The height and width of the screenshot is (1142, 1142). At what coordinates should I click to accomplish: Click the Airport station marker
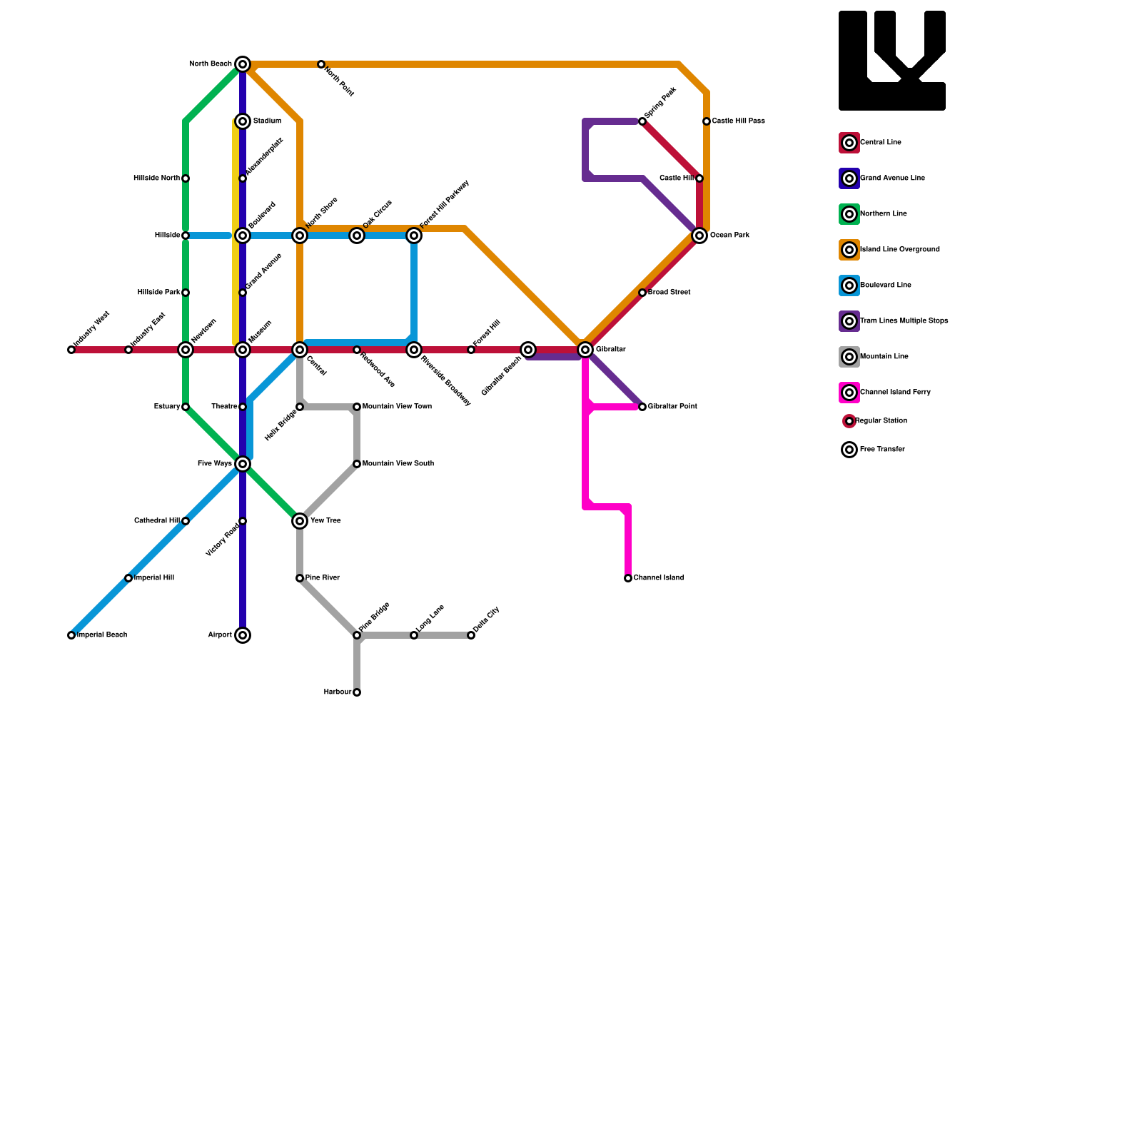pyautogui.click(x=243, y=635)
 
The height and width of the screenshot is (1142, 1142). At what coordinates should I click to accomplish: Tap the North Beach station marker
pyautogui.click(x=243, y=64)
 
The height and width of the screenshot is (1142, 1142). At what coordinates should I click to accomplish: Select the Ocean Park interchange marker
pyautogui.click(x=699, y=236)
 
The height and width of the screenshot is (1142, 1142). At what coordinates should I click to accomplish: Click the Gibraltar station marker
pyautogui.click(x=585, y=350)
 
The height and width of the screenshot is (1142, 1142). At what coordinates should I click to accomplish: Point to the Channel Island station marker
pyautogui.click(x=628, y=578)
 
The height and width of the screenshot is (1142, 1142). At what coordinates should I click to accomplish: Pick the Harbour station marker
pyautogui.click(x=357, y=692)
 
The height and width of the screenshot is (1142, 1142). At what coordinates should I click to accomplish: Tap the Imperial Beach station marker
pyautogui.click(x=71, y=635)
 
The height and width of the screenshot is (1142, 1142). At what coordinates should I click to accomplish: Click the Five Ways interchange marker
pyautogui.click(x=243, y=464)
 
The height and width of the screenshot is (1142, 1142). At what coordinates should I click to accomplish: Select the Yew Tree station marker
pyautogui.click(x=300, y=521)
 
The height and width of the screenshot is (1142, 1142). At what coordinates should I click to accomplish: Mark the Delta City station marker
pyautogui.click(x=471, y=635)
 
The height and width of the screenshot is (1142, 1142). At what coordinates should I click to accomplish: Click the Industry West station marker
pyautogui.click(x=71, y=350)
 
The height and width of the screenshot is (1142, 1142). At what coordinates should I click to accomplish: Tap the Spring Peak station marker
pyautogui.click(x=642, y=121)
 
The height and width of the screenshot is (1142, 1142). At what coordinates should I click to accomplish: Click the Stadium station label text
pyautogui.click(x=267, y=121)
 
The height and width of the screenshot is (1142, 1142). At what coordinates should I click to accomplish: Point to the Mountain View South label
pyautogui.click(x=398, y=464)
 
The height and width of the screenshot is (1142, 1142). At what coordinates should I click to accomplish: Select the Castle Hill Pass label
pyautogui.click(x=738, y=121)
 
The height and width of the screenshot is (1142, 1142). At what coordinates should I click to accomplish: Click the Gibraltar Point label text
pyautogui.click(x=672, y=407)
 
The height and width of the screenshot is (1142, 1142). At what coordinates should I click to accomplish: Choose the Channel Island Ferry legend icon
pyautogui.click(x=849, y=393)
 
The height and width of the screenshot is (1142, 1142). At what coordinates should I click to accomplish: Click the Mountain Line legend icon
pyautogui.click(x=849, y=357)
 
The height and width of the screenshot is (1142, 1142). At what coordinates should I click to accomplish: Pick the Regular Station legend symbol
pyautogui.click(x=849, y=421)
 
